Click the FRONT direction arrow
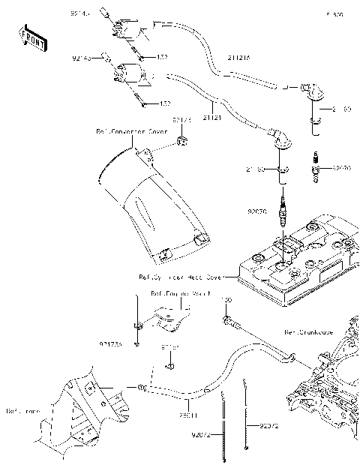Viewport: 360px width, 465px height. point(33,39)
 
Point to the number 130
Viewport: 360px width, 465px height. point(226,300)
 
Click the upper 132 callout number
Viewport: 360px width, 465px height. point(161,57)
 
